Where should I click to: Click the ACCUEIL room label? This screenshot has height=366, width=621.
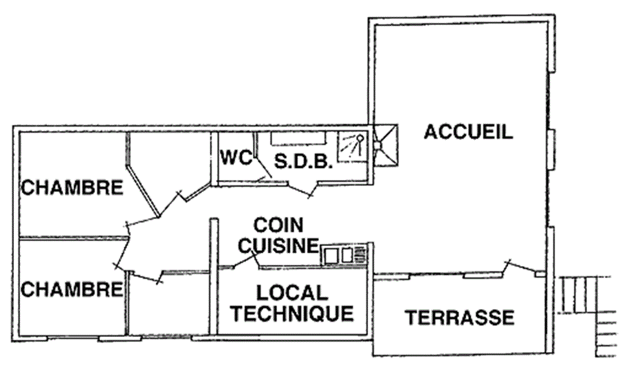[x=469, y=131]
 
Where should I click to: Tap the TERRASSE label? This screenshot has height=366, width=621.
[x=460, y=318]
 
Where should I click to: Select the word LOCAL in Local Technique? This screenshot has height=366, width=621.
[x=292, y=293]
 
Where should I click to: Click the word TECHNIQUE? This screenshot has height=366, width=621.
[x=292, y=314]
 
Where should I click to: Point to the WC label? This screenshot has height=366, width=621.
[x=236, y=158]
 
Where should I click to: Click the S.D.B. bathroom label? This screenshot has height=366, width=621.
[x=303, y=161]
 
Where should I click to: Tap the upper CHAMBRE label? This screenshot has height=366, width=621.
[x=72, y=188]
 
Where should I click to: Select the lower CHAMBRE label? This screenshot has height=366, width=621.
[x=72, y=290]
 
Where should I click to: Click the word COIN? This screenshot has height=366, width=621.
[x=278, y=225]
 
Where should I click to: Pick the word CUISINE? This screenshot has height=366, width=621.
[x=278, y=245]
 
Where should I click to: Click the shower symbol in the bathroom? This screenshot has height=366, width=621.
[x=352, y=147]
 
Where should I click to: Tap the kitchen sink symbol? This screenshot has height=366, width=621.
[x=343, y=255]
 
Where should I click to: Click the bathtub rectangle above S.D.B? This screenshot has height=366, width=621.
[x=298, y=139]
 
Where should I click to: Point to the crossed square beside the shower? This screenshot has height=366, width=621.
[x=386, y=145]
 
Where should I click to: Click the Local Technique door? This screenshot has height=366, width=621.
[x=246, y=261]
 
